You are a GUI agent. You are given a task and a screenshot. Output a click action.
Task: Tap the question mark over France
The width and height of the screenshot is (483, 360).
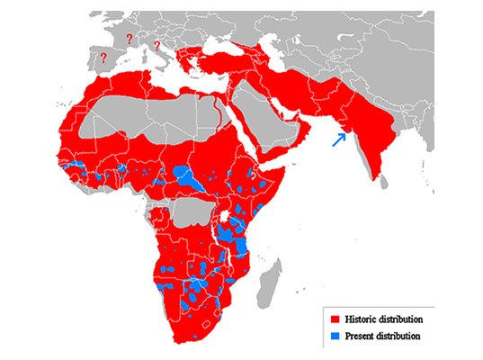tap(129, 38)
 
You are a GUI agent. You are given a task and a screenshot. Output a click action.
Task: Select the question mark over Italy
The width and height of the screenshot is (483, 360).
tap(157, 45)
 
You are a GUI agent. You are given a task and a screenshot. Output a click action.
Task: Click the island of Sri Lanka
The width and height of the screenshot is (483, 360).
tap(384, 182)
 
